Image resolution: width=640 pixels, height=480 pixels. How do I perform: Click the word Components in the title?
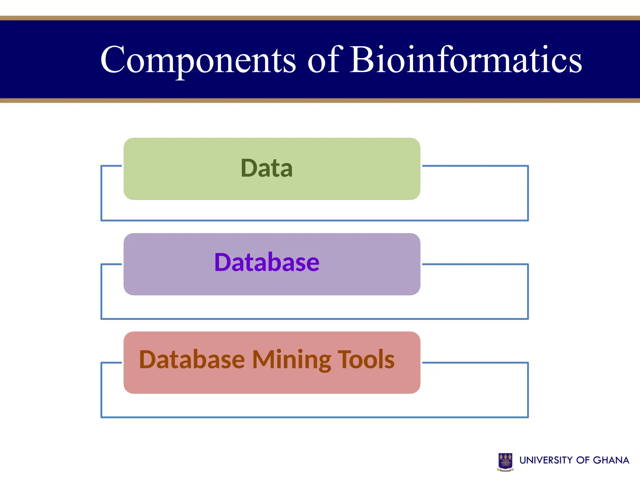click(x=197, y=60)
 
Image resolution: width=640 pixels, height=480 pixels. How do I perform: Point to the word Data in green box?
click(x=267, y=168)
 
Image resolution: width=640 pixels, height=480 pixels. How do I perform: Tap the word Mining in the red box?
click(x=291, y=360)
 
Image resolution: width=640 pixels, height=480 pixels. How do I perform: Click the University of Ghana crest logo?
click(x=505, y=461)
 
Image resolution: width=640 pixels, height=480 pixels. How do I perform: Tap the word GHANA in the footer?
click(x=611, y=460)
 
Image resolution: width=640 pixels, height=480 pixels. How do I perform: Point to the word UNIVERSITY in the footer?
click(x=546, y=460)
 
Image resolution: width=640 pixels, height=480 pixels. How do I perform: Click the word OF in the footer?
click(x=582, y=460)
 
